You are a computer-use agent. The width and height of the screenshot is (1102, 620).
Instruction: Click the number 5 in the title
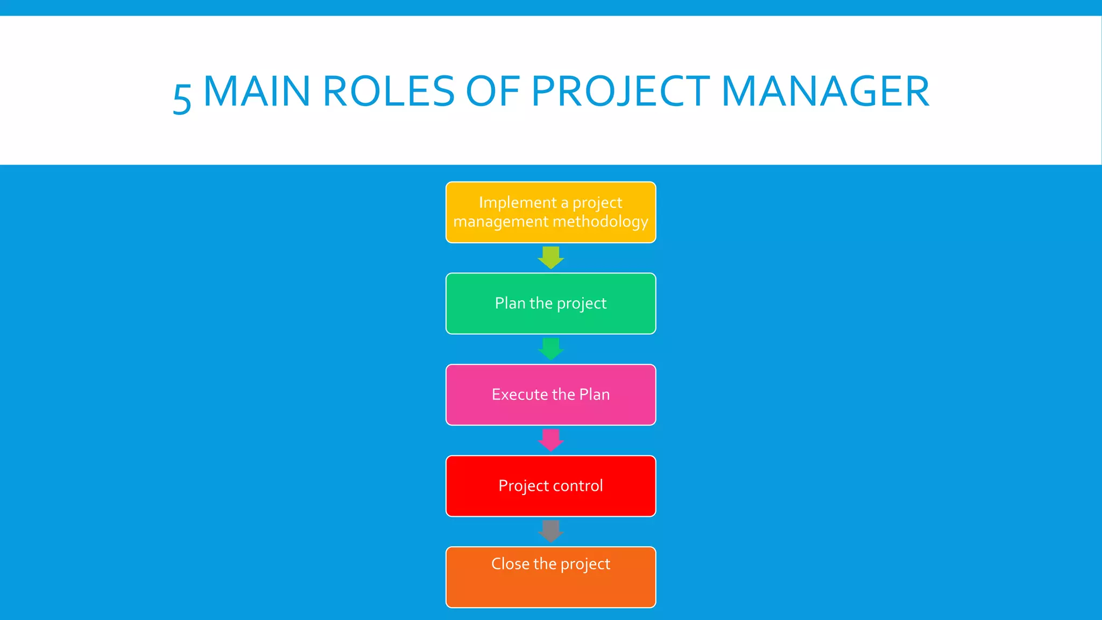182,98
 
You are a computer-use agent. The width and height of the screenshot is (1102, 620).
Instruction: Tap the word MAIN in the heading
257,91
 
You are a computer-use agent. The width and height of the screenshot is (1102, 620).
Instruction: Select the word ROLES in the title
389,91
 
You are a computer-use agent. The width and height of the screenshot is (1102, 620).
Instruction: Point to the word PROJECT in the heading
620,91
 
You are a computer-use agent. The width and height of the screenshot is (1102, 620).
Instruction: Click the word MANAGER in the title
825,91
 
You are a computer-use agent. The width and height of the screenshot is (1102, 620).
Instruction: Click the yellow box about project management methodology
550,212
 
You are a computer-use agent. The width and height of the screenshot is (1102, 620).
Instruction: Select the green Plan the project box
550,304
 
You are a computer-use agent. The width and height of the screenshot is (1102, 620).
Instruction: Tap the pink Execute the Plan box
550,394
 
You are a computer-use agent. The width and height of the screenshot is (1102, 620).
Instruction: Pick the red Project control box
550,486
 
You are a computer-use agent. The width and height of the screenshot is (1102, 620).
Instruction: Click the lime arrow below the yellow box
550,257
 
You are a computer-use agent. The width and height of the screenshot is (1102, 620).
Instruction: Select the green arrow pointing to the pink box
550,349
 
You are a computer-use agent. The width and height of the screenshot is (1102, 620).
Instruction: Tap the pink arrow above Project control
550,440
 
